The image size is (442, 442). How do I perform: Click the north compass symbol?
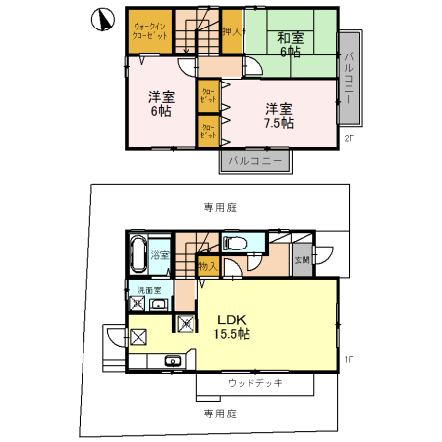pyautogui.click(x=98, y=18)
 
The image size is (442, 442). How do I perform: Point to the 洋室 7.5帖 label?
pyautogui.click(x=277, y=115)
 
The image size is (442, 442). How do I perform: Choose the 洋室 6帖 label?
pyautogui.click(x=160, y=104)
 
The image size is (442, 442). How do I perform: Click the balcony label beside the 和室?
pyautogui.click(x=350, y=78)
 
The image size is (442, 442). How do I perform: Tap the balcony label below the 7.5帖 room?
pyautogui.click(x=254, y=158)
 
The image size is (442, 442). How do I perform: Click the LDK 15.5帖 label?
pyautogui.click(x=234, y=326)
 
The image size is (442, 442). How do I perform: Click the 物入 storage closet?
pyautogui.click(x=208, y=265)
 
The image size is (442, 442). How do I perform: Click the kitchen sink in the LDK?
pyautogui.click(x=172, y=359)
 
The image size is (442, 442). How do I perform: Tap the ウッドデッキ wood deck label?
pyautogui.click(x=254, y=383)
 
